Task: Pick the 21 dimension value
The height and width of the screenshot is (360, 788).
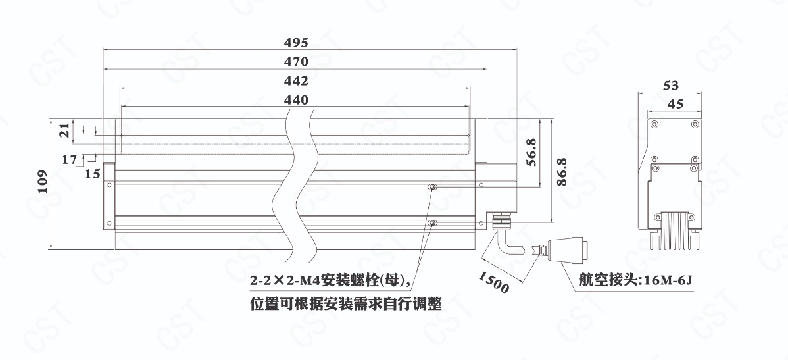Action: (x=64, y=130)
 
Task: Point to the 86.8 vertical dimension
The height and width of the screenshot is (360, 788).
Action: (x=562, y=171)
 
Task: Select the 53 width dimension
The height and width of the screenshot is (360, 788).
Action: (x=671, y=85)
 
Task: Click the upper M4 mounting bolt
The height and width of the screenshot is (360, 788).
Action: (x=432, y=188)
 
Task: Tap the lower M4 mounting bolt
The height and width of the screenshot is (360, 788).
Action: (x=432, y=224)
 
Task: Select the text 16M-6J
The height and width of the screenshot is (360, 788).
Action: (x=668, y=281)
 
